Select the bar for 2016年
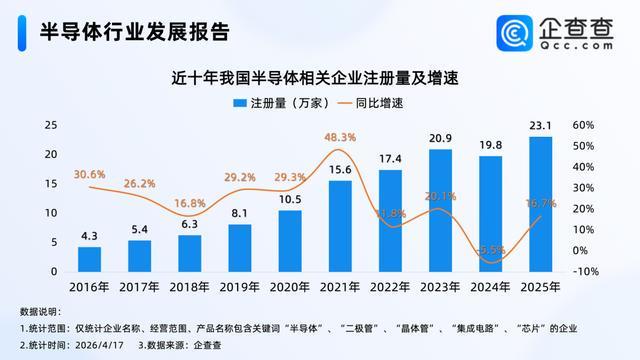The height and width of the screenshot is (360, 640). (x=90, y=259)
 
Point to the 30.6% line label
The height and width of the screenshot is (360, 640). (x=90, y=174)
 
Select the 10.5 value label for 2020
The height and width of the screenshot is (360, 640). (x=290, y=199)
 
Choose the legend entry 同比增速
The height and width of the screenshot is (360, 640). (x=384, y=103)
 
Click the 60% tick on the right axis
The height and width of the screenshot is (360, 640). (x=586, y=126)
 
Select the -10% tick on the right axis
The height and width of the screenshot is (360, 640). (x=586, y=271)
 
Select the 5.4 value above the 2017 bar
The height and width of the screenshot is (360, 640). (x=140, y=229)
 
